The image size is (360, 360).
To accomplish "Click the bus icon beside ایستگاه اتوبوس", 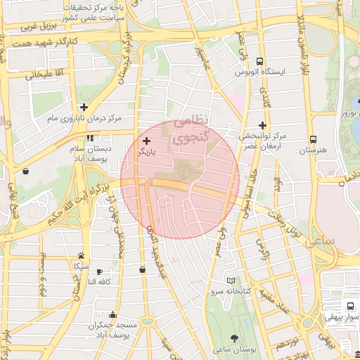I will click(x=261, y=61).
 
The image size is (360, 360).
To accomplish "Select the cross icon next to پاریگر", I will click(x=146, y=141).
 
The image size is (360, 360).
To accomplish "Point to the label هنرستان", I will click(x=312, y=150).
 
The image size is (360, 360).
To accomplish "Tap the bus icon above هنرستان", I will click(x=313, y=139).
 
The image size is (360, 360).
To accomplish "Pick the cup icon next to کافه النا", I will click(x=99, y=271).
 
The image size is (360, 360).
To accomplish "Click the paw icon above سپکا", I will click(x=82, y=255).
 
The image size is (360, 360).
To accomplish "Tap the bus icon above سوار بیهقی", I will click(x=349, y=306).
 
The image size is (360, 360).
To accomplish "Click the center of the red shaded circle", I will click(x=180, y=181).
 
